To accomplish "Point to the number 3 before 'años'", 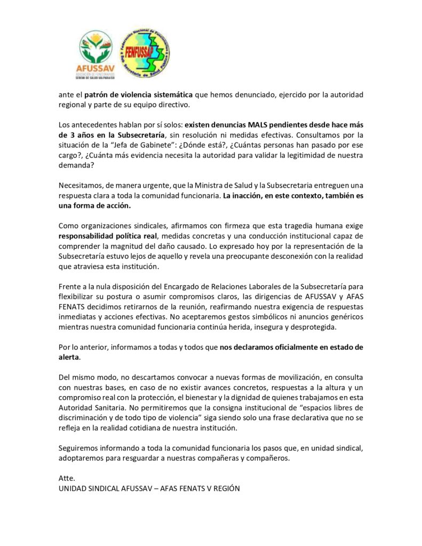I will [69, 134].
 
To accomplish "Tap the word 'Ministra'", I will [232, 184].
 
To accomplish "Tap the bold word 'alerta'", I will [69, 357].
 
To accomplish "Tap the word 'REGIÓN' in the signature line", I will [224, 488].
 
